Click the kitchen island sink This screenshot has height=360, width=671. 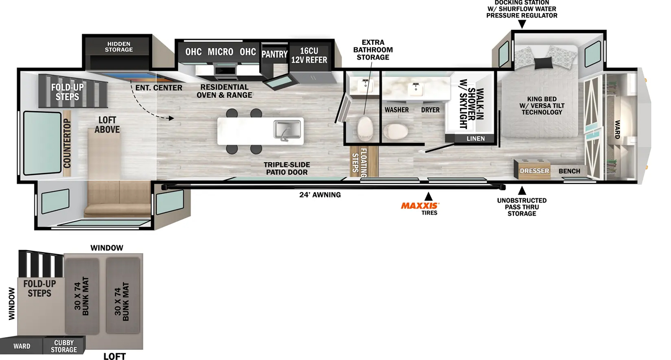[287, 130]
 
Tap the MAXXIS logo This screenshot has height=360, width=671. [420, 206]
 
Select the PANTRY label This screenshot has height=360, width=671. [274, 54]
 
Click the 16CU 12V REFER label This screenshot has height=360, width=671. [309, 55]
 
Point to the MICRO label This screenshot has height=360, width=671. [221, 52]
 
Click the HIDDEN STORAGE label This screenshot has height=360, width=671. [119, 47]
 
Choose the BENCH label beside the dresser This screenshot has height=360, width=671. [569, 171]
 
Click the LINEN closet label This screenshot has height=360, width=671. [476, 138]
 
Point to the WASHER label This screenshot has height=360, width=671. [397, 110]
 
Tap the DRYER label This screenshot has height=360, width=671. [430, 110]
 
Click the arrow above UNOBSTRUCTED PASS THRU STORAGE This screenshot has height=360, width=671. [522, 190]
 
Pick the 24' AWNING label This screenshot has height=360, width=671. [320, 195]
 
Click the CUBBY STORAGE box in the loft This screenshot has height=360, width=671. [64, 346]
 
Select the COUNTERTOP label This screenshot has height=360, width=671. [67, 143]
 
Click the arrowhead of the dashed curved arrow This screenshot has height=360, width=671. [171, 118]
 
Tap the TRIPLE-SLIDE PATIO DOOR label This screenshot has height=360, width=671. [287, 168]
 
